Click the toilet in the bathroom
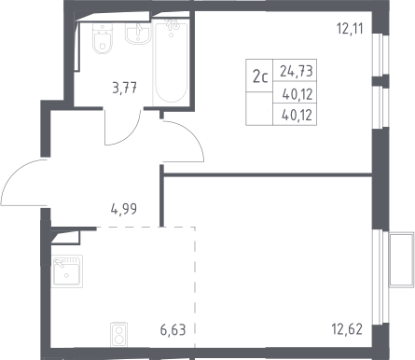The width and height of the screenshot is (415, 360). [102, 38]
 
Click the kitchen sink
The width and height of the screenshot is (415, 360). [67, 270]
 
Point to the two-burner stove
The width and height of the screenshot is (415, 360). [118, 334]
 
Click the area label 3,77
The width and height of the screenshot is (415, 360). [125, 88]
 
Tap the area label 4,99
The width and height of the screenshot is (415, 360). [124, 209]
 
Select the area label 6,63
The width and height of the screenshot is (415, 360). [173, 330]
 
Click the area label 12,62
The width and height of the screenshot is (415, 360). [347, 329]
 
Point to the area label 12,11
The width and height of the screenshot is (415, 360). [350, 29]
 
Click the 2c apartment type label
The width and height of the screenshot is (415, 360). [260, 76]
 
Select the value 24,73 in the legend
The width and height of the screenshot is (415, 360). [296, 71]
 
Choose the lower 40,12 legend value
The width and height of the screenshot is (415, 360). [297, 116]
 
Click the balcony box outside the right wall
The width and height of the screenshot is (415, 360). [401, 259]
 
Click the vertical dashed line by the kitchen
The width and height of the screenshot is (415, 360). [195, 287]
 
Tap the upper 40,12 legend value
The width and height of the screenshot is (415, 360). [297, 94]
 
